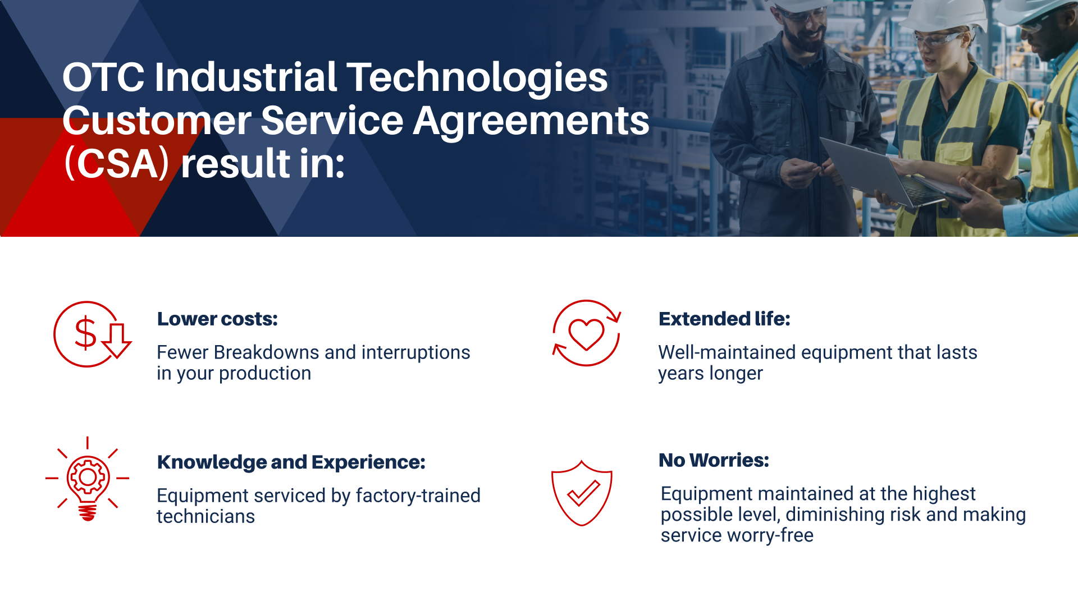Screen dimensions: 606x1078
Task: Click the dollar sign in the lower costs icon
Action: point(85,333)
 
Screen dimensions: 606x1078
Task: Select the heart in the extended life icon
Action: point(586,334)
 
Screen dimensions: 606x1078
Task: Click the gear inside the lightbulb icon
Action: point(88,478)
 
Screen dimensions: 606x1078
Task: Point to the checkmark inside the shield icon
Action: point(583,494)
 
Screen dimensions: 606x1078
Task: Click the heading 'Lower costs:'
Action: point(217,319)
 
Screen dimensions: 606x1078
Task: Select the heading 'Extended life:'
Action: point(724,319)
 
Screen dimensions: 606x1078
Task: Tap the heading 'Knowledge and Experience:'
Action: point(291,462)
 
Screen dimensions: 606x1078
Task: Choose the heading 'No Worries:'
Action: point(714,460)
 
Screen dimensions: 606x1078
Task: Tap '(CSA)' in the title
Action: point(117,164)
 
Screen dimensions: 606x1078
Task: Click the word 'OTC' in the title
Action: point(103,77)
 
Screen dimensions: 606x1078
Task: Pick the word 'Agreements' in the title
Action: point(531,121)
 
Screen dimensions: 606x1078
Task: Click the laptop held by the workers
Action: point(876,171)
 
